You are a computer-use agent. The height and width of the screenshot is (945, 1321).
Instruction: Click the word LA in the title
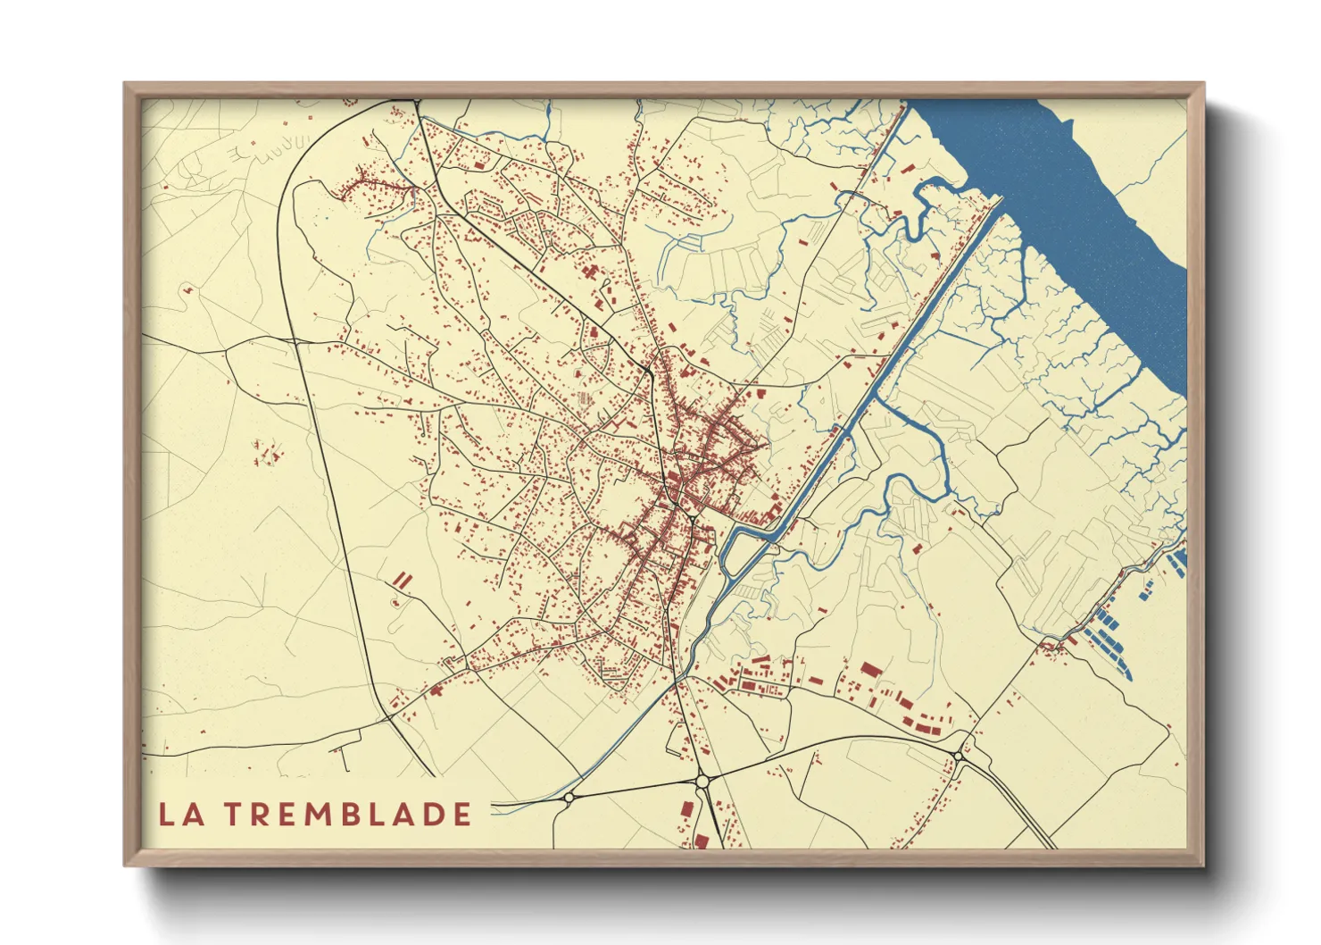pyautogui.click(x=179, y=815)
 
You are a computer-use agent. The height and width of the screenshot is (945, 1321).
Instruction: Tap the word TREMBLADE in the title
pyautogui.click(x=347, y=815)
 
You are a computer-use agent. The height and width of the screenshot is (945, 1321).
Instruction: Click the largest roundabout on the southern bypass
pyautogui.click(x=702, y=781)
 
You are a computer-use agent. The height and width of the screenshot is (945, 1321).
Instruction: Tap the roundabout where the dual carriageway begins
pyautogui.click(x=958, y=756)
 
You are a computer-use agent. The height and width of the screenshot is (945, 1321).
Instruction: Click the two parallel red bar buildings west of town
pyautogui.click(x=403, y=580)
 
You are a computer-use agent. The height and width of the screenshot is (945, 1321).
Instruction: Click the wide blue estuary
pyautogui.click(x=1071, y=179)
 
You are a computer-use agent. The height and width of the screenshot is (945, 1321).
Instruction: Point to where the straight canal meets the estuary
pyautogui.click(x=998, y=202)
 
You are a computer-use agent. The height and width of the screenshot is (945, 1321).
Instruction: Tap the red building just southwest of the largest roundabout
pyautogui.click(x=688, y=810)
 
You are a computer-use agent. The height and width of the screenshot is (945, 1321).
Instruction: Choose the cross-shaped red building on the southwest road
pyautogui.click(x=436, y=689)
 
